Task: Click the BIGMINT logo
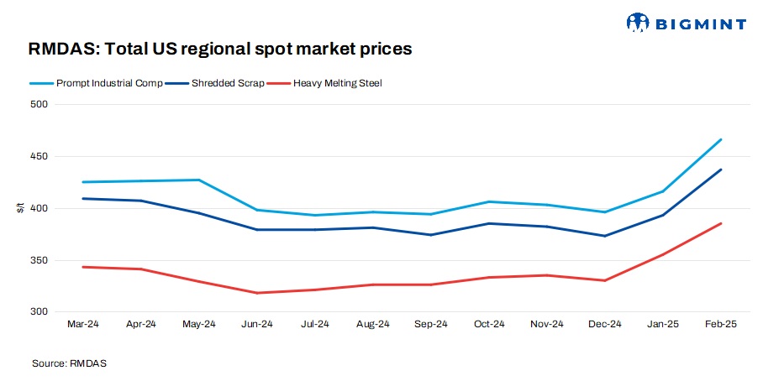coord(686,23)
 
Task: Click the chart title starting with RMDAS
coord(220,50)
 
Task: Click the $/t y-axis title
coord(20,208)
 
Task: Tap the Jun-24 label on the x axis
coord(256,323)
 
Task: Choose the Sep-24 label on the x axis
coord(430,323)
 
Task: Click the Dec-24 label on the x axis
coord(604,323)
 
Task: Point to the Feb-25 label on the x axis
coord(720,323)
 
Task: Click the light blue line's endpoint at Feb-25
coord(721,139)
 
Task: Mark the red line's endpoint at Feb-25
coord(721,223)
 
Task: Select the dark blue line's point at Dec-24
coord(604,236)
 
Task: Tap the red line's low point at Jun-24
coord(256,293)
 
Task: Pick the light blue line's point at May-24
coord(198,180)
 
